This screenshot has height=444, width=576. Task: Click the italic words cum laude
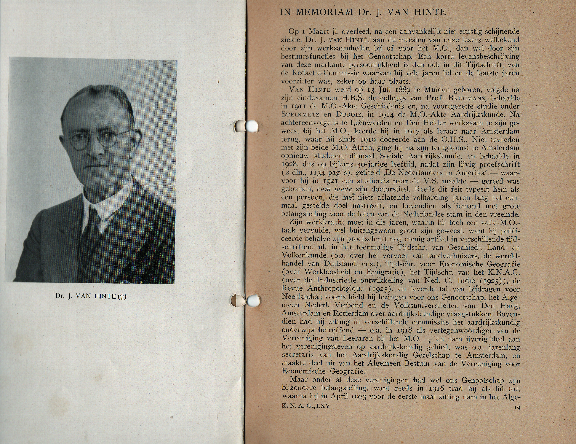tap(334, 189)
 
